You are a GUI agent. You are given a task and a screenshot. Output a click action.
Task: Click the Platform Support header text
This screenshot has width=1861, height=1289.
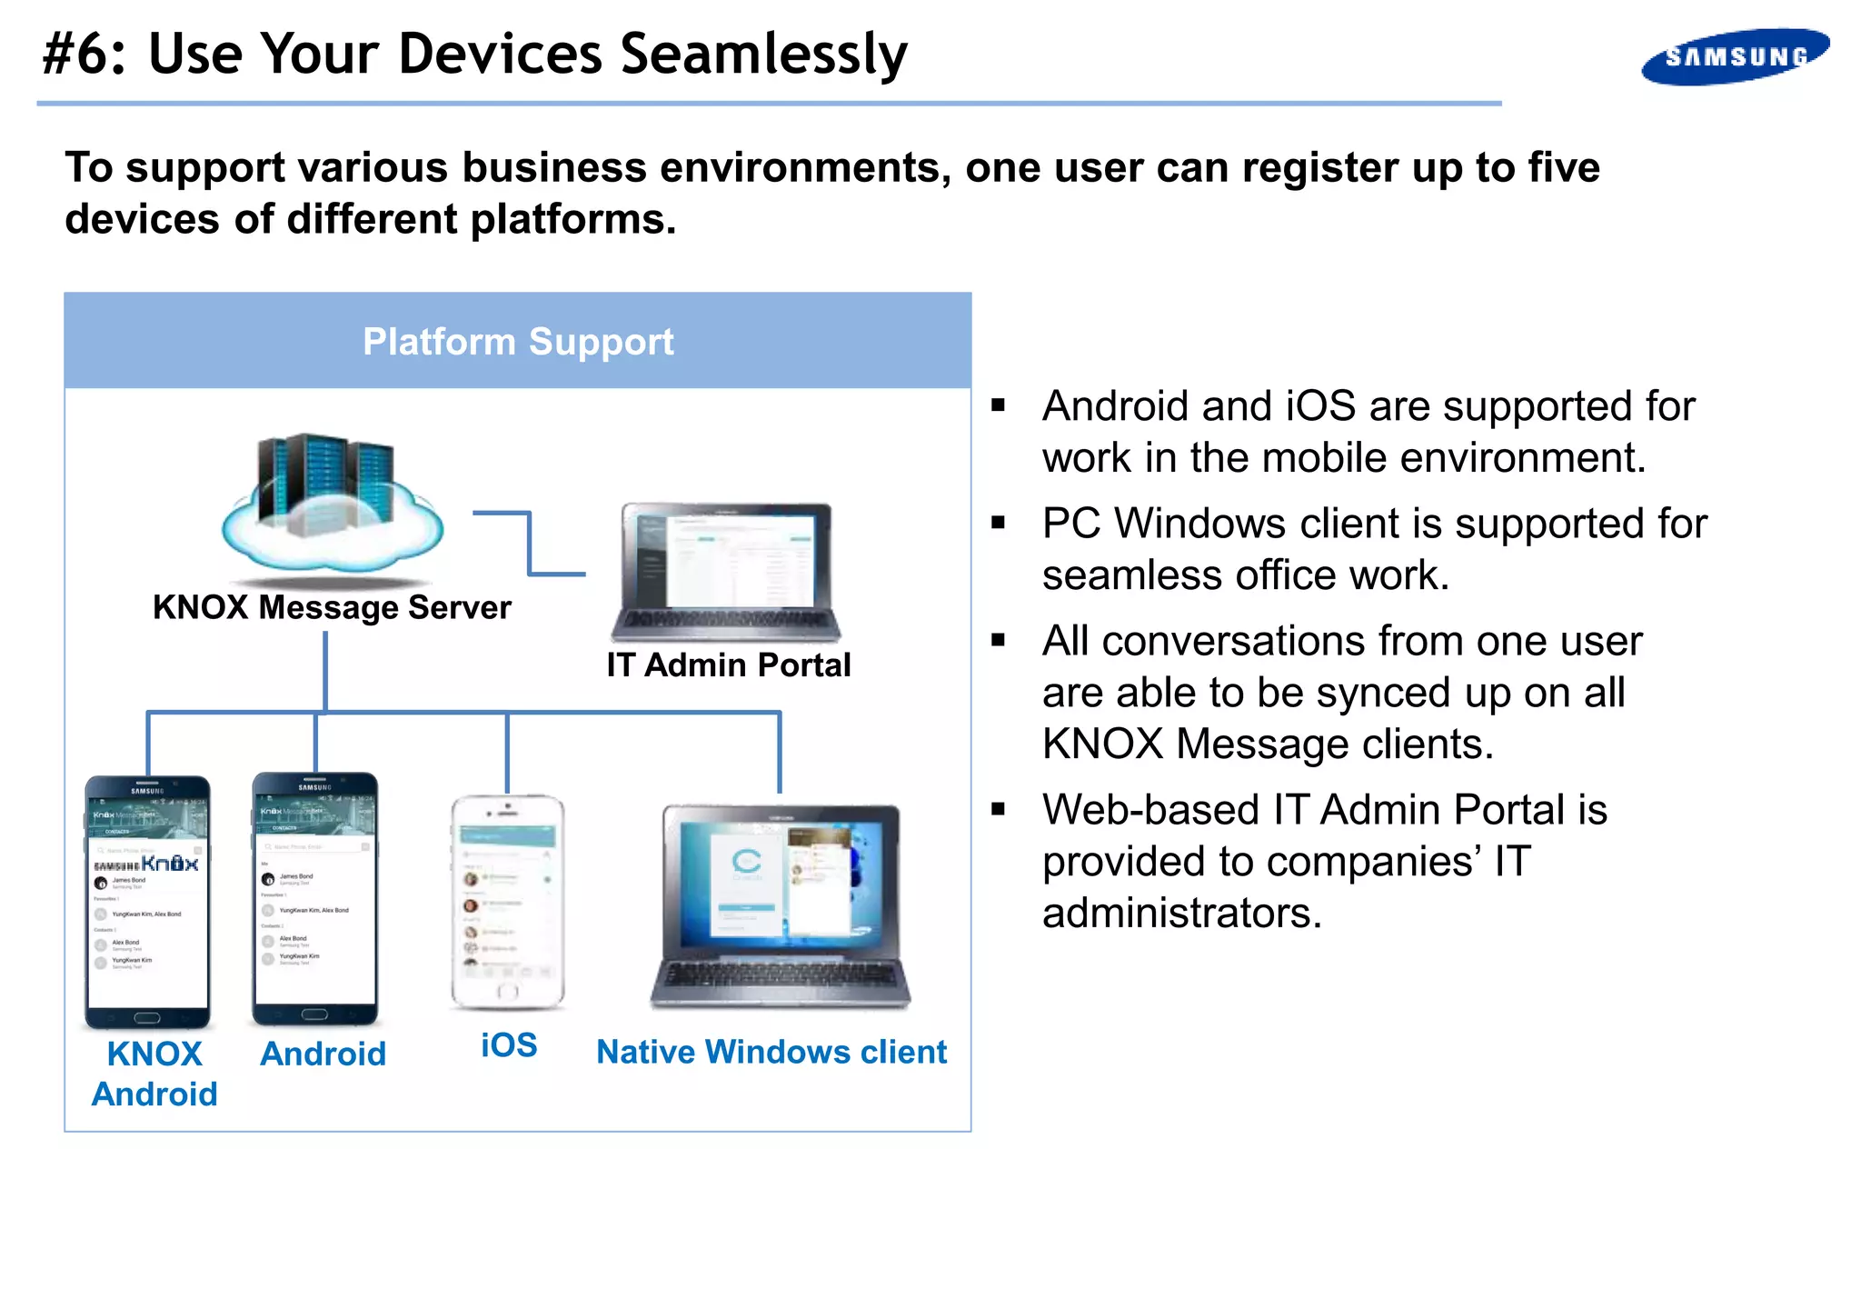click(x=518, y=342)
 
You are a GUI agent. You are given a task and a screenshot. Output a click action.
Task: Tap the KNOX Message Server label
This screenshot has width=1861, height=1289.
click(x=332, y=607)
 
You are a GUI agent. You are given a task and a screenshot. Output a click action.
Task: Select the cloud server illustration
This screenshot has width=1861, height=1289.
click(x=332, y=505)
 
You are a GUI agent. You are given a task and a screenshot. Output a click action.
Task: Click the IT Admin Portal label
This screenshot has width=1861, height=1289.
click(x=729, y=665)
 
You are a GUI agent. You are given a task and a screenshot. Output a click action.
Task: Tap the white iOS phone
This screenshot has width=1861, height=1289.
click(x=508, y=902)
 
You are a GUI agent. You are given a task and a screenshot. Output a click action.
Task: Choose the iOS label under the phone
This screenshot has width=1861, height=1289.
click(x=509, y=1045)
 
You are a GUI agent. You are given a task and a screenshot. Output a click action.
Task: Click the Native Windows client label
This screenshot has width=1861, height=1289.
click(x=771, y=1052)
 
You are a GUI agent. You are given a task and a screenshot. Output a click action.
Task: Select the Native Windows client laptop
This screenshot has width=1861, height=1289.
click(x=780, y=905)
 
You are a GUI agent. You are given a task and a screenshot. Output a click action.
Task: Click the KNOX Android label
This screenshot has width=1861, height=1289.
click(x=154, y=1074)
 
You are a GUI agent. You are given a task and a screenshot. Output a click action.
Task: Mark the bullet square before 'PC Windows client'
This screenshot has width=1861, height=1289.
click(x=999, y=523)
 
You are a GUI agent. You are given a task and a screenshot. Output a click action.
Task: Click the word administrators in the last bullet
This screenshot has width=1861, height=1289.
click(x=1181, y=913)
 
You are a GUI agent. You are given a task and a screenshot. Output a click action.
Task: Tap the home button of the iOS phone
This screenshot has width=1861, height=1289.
click(x=508, y=991)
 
